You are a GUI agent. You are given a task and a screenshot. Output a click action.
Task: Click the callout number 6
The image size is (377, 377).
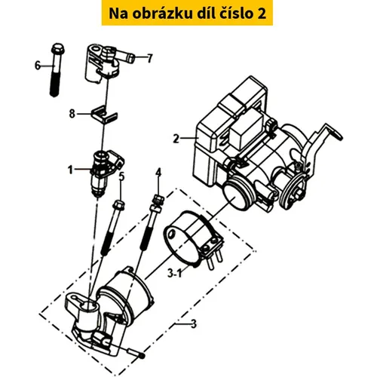click(38, 66)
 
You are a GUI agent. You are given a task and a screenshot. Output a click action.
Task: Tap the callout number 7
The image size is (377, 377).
click(150, 58)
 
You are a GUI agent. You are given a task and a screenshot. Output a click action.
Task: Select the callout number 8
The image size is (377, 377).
click(72, 114)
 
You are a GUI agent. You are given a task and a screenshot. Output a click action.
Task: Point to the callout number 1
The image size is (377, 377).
click(70, 170)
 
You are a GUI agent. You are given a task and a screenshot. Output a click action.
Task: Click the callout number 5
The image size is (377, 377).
click(121, 176)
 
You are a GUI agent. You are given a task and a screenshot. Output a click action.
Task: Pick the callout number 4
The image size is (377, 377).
click(158, 173)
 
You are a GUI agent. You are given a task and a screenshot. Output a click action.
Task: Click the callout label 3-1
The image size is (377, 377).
click(174, 274)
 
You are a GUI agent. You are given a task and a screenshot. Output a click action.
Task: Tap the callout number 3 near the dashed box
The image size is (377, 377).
click(193, 324)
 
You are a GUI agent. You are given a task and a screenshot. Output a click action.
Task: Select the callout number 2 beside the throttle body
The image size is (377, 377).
click(176, 139)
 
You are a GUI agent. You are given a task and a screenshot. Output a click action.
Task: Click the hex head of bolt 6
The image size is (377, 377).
click(58, 48)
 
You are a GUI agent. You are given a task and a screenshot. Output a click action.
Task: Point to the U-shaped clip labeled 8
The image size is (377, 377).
click(104, 115)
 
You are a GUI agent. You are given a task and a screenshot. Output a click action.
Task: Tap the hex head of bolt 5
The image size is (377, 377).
click(119, 204)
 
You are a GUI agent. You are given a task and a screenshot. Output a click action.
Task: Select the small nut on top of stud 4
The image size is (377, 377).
click(158, 200)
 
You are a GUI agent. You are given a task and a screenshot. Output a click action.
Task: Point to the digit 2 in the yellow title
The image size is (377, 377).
click(262, 14)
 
